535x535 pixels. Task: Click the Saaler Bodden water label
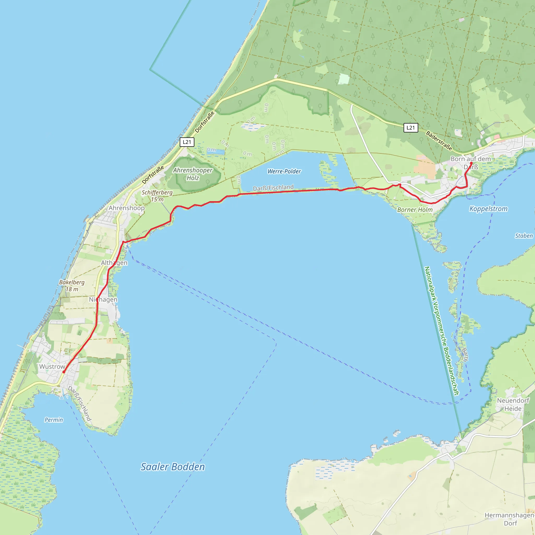[x=172, y=467]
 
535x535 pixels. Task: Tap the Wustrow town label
[x=52, y=367]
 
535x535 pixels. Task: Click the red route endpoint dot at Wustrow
[x=64, y=372]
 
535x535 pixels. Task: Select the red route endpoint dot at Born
[x=471, y=163]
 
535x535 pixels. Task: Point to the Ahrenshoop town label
[x=126, y=208]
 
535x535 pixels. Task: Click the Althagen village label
[x=114, y=263]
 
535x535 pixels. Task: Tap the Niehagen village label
[x=103, y=300]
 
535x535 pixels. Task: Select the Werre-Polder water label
[x=284, y=171]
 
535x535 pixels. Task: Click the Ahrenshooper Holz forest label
[x=193, y=174]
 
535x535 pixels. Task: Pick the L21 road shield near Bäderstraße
[x=411, y=128]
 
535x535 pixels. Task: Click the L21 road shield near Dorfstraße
[x=187, y=142]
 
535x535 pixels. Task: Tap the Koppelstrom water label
[x=489, y=209]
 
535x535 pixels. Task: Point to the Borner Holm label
[x=415, y=210]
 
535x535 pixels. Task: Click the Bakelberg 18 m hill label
[x=72, y=286]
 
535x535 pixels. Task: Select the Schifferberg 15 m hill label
[x=157, y=196]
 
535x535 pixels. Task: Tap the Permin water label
[x=54, y=420]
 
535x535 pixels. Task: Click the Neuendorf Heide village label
[x=513, y=405]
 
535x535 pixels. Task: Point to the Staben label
[x=524, y=236]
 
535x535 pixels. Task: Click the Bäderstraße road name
[x=439, y=141]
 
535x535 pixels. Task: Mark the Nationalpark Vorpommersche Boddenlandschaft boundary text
[x=441, y=331]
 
